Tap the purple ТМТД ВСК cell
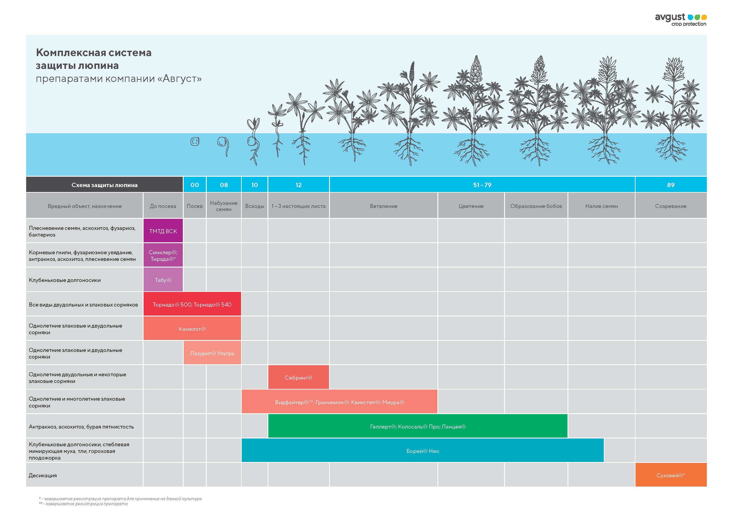(163, 231)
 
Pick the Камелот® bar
(192, 328)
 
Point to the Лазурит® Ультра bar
(212, 353)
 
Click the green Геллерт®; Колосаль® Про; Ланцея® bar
(418, 426)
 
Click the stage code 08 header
(224, 185)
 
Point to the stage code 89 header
(671, 185)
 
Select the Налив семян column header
(601, 206)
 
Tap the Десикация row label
(43, 475)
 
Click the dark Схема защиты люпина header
(104, 185)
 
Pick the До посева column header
(163, 206)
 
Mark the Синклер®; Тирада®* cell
(163, 255)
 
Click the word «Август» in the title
(182, 79)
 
